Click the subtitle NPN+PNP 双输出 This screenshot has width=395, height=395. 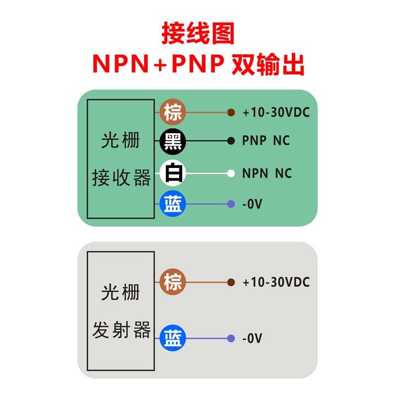(197, 64)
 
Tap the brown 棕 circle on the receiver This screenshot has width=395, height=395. (173, 112)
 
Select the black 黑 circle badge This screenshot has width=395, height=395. (173, 141)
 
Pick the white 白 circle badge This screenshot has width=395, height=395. (173, 173)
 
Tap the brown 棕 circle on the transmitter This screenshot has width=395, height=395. (173, 282)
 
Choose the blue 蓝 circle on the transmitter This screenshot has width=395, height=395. (173, 338)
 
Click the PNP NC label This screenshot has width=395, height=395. (266, 141)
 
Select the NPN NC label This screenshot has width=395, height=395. (267, 174)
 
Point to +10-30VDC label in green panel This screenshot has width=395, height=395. (276, 113)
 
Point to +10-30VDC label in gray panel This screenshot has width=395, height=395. (276, 282)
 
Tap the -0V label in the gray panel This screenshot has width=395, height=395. (252, 339)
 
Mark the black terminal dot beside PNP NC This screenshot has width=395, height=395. (231, 141)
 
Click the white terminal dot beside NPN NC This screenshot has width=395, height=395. (231, 173)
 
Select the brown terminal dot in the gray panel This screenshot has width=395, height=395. (231, 282)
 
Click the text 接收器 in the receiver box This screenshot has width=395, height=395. (121, 178)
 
